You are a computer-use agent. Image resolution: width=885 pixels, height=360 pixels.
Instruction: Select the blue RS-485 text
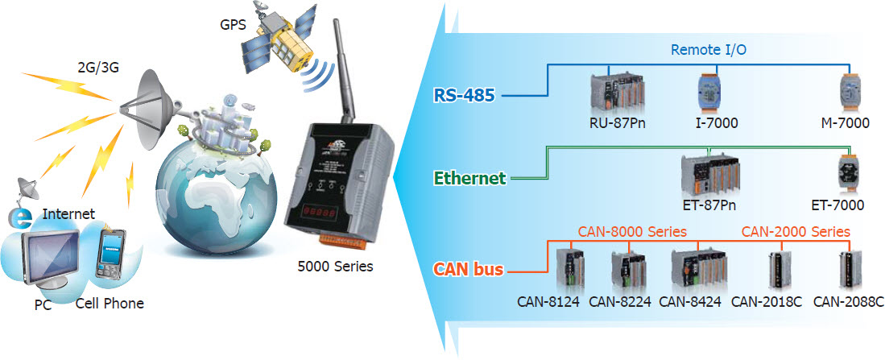(464, 95)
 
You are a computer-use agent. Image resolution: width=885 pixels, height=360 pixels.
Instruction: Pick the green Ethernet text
(469, 178)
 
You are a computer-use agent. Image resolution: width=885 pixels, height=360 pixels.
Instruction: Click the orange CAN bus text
(468, 270)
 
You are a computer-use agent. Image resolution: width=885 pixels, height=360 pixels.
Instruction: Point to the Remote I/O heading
(709, 50)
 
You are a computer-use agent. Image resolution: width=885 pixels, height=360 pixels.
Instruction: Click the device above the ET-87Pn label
(709, 174)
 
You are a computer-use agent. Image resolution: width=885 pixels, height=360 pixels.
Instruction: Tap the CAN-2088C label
(849, 302)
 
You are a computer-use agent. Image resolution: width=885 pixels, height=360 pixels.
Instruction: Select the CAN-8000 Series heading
(632, 232)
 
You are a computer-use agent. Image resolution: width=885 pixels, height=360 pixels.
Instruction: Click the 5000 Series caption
(335, 266)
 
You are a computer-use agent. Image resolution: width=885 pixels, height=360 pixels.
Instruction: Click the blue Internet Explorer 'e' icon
(22, 217)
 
